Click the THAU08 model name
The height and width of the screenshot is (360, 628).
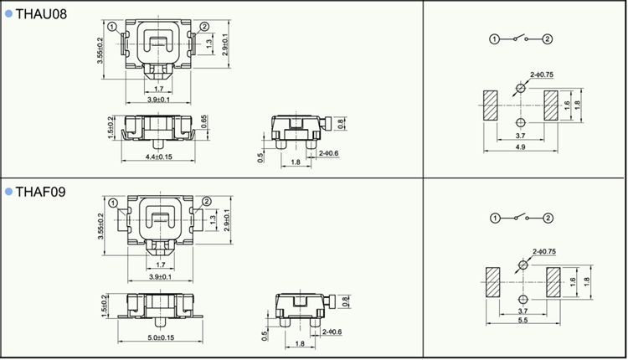[x=41, y=14]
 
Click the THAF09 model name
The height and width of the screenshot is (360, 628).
[x=40, y=192]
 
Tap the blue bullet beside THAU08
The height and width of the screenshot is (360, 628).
[x=9, y=14]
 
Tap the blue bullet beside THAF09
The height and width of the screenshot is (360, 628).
[x=9, y=192]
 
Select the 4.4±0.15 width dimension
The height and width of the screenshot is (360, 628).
[x=158, y=157]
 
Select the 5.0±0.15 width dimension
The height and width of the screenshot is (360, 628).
[x=161, y=337]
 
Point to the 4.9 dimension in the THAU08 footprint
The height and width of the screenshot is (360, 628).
[x=520, y=147]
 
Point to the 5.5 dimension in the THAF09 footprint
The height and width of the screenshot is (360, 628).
[x=522, y=320]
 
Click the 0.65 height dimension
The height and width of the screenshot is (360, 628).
[x=203, y=121]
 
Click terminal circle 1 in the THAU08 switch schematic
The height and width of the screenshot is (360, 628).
[x=495, y=39]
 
